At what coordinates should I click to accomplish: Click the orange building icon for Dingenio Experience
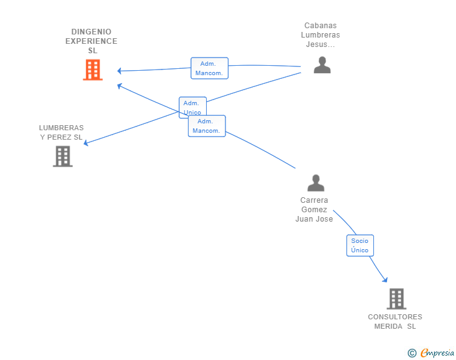tap(93, 69)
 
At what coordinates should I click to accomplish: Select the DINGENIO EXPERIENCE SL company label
tap(91, 41)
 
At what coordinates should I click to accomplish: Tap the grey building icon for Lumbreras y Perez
tap(63, 156)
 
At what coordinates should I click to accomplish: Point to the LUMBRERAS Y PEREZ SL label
tap(61, 132)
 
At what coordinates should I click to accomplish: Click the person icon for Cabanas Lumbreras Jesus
tap(322, 65)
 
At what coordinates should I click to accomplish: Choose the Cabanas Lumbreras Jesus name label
tap(321, 35)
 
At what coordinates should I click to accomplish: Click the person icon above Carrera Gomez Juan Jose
tap(316, 183)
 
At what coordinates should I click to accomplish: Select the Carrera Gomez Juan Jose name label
tap(314, 209)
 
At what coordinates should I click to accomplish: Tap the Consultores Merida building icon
tap(396, 299)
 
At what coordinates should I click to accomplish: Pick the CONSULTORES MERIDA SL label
tap(395, 321)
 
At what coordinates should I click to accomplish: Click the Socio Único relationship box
tap(360, 245)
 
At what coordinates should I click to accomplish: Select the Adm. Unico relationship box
tap(192, 106)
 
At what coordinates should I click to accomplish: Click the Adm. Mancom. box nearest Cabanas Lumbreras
tap(209, 68)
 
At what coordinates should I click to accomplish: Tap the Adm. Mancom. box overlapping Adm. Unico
tap(207, 126)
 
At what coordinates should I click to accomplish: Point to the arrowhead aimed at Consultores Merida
tap(385, 280)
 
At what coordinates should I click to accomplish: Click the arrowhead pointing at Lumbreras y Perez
tap(86, 143)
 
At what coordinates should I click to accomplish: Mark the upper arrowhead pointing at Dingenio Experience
tap(119, 71)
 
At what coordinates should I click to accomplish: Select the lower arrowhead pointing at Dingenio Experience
tap(119, 86)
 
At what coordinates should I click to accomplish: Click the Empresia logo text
tap(437, 353)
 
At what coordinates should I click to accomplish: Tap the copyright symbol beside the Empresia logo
tap(412, 353)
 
